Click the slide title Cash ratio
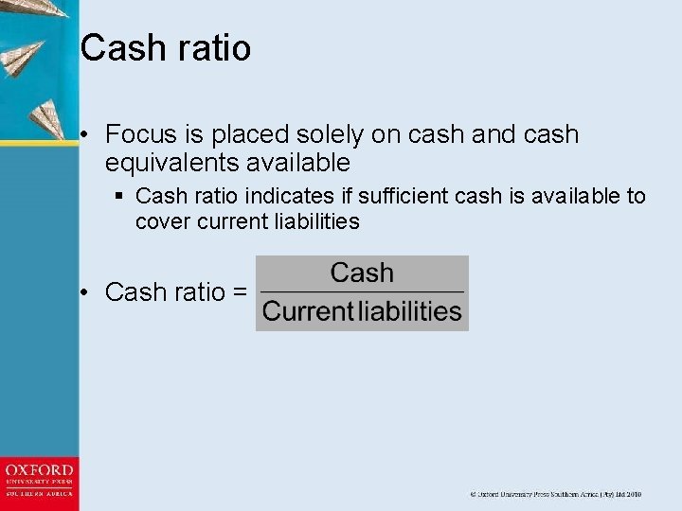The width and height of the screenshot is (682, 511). pyautogui.click(x=166, y=47)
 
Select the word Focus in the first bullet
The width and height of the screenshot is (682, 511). pyautogui.click(x=135, y=135)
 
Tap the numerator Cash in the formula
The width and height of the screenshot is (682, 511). pyautogui.click(x=361, y=273)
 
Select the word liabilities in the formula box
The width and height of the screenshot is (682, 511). pyautogui.click(x=411, y=311)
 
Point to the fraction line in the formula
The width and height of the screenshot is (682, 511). pyautogui.click(x=361, y=291)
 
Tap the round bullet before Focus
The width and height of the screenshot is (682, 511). pyautogui.click(x=85, y=135)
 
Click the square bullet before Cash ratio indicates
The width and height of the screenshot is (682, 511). pyautogui.click(x=119, y=197)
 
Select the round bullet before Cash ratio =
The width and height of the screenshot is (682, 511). pyautogui.click(x=85, y=293)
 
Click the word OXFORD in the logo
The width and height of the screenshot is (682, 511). pyautogui.click(x=39, y=470)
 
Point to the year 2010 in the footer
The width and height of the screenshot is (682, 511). pyautogui.click(x=632, y=494)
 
